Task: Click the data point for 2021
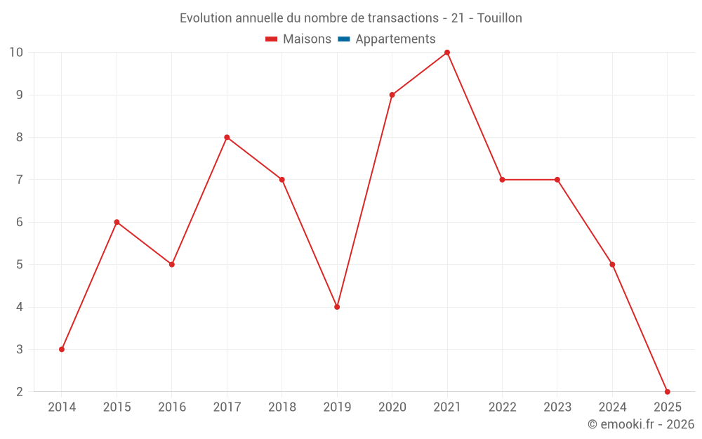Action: pos(447,53)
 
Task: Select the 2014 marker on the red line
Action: pos(62,349)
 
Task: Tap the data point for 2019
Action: pos(337,307)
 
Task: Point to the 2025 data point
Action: pos(667,391)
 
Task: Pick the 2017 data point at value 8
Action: pos(227,137)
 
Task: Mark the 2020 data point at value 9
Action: pos(392,95)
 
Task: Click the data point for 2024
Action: pos(612,264)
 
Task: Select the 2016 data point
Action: pos(172,264)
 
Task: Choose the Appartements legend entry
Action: pos(395,39)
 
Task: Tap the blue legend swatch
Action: pos(343,39)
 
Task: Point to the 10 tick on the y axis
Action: pos(15,53)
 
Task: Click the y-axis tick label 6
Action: pos(19,222)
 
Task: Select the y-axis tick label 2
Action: pos(19,391)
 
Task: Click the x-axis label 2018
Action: pos(282,407)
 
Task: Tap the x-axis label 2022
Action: pos(502,407)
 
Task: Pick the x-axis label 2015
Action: pos(117,407)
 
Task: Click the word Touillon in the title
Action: pos(499,18)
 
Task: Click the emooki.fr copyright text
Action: pos(640,424)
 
